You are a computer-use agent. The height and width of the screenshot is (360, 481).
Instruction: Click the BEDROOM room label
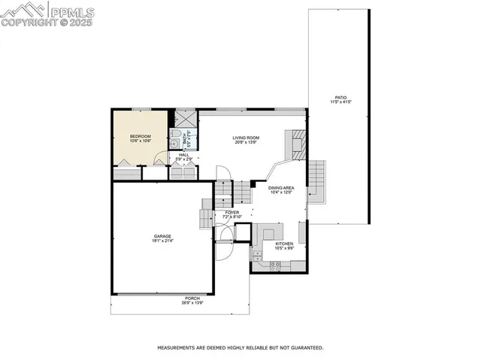[x=141, y=136]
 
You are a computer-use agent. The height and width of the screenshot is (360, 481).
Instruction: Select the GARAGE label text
[x=162, y=236]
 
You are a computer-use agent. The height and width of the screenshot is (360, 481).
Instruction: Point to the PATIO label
[x=340, y=98]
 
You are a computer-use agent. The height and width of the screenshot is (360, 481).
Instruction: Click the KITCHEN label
[x=284, y=244]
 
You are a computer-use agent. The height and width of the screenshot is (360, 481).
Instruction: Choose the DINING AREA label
[x=280, y=188]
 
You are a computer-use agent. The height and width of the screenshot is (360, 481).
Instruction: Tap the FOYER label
[x=232, y=213]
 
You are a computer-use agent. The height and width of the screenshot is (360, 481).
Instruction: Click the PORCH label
[x=193, y=298]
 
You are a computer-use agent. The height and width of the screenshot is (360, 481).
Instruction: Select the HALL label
[x=184, y=155]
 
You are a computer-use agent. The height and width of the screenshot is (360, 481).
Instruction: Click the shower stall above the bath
[x=185, y=119]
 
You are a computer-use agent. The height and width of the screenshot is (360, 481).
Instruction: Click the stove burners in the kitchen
[x=274, y=265]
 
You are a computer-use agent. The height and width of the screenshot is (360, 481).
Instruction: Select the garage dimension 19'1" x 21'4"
[x=162, y=241]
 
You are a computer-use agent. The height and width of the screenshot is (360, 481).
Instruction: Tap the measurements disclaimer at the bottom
[x=240, y=348]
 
